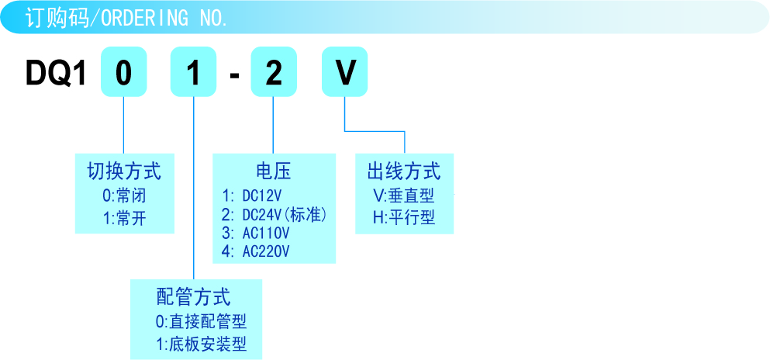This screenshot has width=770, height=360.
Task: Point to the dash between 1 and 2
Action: point(233,75)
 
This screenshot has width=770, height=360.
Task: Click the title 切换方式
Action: point(124,171)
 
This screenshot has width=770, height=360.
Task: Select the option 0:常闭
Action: point(124,195)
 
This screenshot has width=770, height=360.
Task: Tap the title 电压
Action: point(273,171)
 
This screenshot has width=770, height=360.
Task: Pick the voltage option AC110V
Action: point(255,233)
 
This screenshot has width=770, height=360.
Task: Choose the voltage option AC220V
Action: point(255,251)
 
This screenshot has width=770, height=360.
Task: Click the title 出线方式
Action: point(403,171)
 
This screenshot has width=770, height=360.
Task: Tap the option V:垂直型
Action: point(403,195)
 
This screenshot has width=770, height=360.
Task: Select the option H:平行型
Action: point(403,218)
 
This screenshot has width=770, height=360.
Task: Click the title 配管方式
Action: point(193,296)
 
